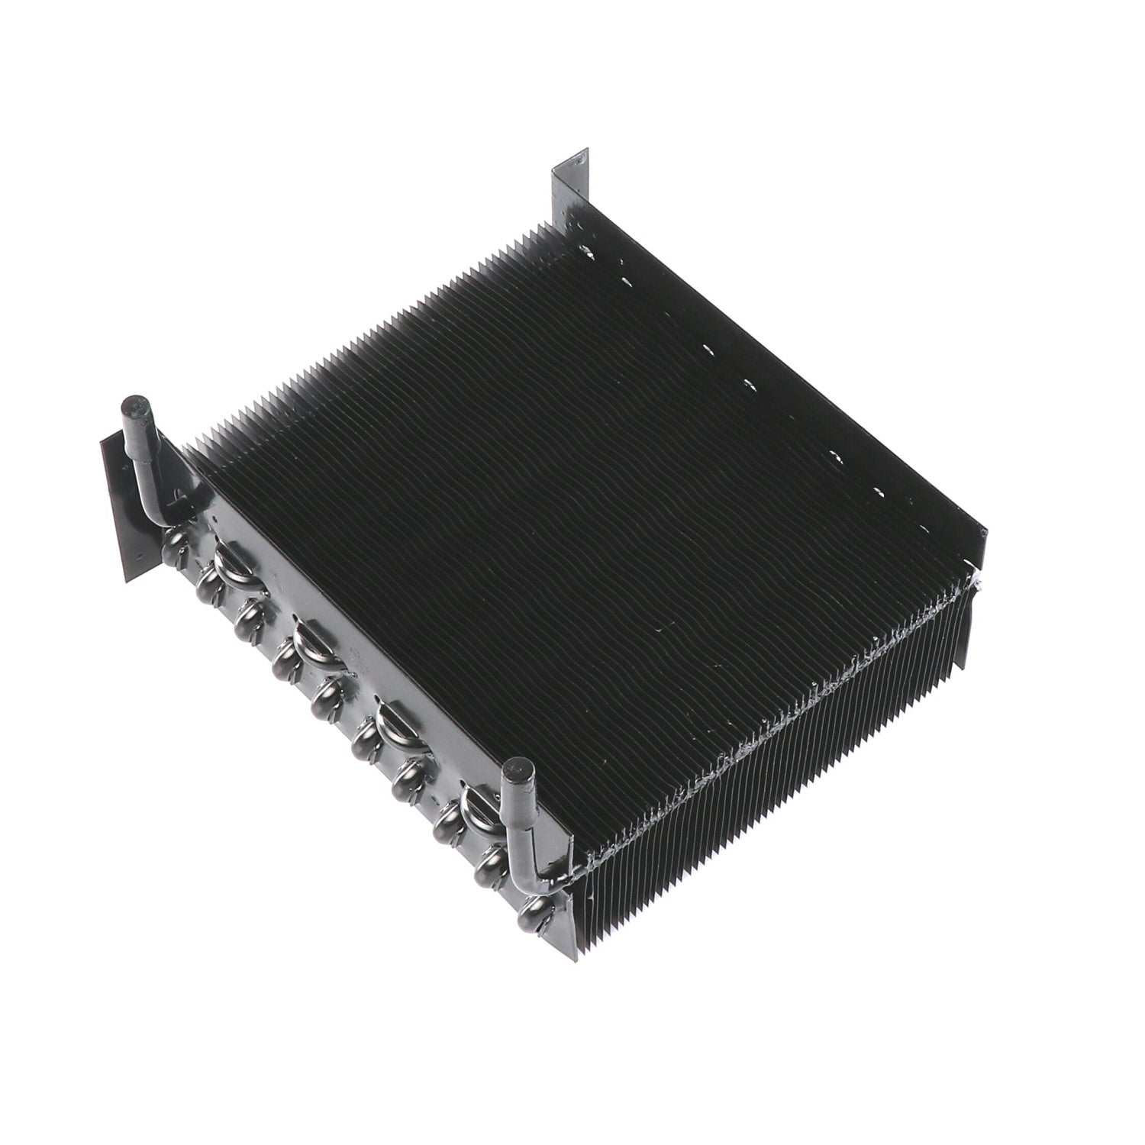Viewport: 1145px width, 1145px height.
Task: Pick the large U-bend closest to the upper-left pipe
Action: coord(230,562)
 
